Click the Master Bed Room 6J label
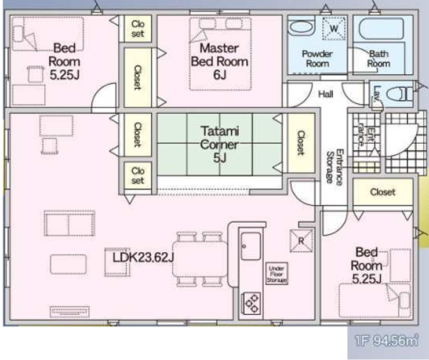[x=219, y=61]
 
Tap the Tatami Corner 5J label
[x=220, y=144]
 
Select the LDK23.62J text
[x=143, y=257]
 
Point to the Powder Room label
[x=317, y=59]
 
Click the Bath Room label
[x=379, y=59]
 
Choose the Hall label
[x=326, y=94]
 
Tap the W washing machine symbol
[x=333, y=28]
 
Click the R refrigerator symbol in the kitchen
[x=301, y=241]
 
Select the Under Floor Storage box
[x=277, y=274]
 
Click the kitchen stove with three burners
[x=252, y=303]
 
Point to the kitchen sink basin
[x=250, y=246]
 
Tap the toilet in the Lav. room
[x=399, y=94]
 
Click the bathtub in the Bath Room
[x=381, y=29]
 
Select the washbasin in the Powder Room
[x=301, y=28]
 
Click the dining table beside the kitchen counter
[x=200, y=259]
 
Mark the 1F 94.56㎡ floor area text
[x=387, y=340]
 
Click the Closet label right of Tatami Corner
[x=301, y=143]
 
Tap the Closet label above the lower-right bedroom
[x=383, y=192]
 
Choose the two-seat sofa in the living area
[x=70, y=223]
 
